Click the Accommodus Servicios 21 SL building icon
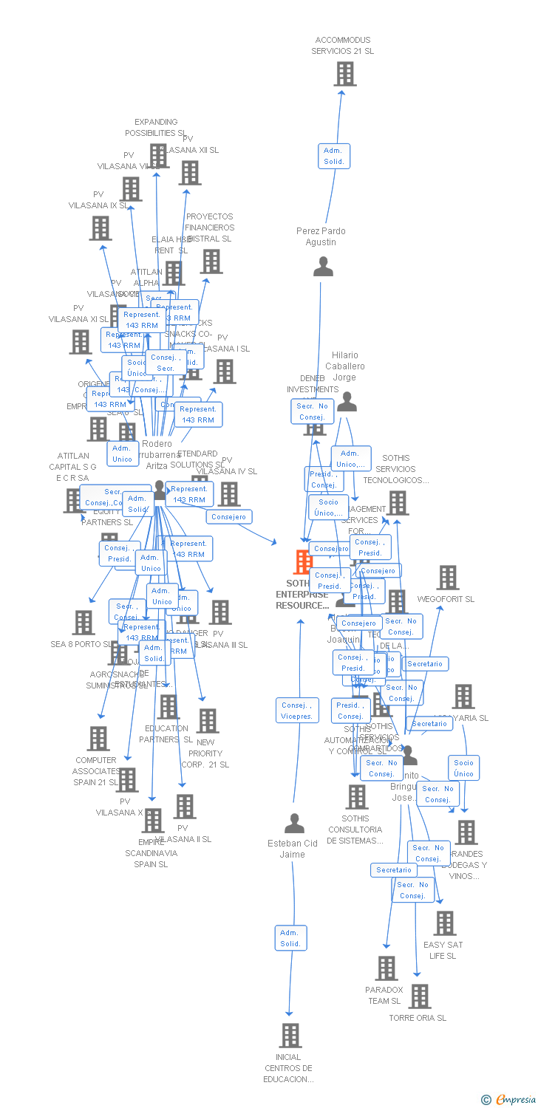[x=344, y=74]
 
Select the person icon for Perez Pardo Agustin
[x=323, y=267]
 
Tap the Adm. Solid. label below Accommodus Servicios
[x=334, y=156]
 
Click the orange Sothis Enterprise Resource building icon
[x=303, y=562]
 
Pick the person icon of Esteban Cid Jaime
[x=294, y=823]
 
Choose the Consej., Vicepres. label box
[x=297, y=711]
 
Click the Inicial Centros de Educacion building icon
[x=290, y=1036]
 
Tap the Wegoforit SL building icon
[x=447, y=578]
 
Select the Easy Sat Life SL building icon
[x=444, y=923]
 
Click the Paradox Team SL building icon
[x=386, y=968]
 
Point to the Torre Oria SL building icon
[x=419, y=996]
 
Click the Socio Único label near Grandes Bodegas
[x=463, y=768]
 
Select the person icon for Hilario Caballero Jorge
[x=347, y=402]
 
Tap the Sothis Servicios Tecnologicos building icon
[x=398, y=503]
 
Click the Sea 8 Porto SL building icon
[x=84, y=623]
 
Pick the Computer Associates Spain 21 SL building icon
[x=98, y=739]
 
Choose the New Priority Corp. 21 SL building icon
[x=208, y=721]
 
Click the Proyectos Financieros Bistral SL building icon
[x=211, y=261]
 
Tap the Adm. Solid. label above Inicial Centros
[x=290, y=938]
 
